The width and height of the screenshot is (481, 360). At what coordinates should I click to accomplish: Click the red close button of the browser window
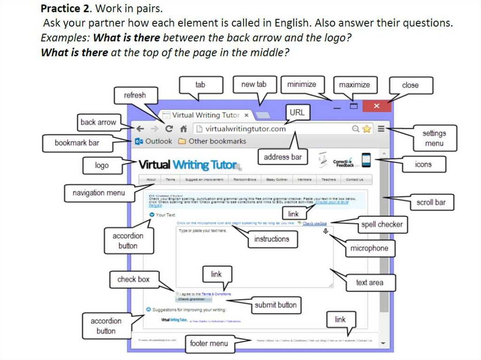click(x=376, y=106)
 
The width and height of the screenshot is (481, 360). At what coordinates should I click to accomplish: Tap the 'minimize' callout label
click(x=302, y=84)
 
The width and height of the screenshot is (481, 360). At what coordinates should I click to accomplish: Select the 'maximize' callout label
click(x=354, y=85)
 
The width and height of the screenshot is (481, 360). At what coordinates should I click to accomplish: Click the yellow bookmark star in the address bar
click(x=366, y=129)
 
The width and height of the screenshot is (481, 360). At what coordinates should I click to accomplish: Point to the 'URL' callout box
click(x=297, y=113)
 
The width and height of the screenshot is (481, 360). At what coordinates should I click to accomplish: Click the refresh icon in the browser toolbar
click(x=169, y=129)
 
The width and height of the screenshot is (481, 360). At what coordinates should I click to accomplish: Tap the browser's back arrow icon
click(x=140, y=129)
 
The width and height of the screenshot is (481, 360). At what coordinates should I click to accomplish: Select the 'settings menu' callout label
click(x=434, y=138)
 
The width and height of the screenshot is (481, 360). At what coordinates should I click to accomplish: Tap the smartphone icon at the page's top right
click(x=366, y=160)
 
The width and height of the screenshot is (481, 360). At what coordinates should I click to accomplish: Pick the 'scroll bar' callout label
click(x=431, y=202)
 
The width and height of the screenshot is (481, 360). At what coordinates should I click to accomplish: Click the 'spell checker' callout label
click(x=381, y=224)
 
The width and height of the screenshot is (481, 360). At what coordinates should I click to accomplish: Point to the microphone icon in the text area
click(x=326, y=231)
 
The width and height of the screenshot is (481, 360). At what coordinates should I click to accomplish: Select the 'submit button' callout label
click(x=275, y=305)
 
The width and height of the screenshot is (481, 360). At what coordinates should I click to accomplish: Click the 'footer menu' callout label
click(x=209, y=343)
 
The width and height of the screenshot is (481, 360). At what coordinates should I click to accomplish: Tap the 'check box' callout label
click(x=133, y=279)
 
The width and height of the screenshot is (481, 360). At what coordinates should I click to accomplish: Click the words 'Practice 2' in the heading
click(x=62, y=9)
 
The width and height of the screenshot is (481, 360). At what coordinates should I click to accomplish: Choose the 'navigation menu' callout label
click(x=99, y=193)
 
